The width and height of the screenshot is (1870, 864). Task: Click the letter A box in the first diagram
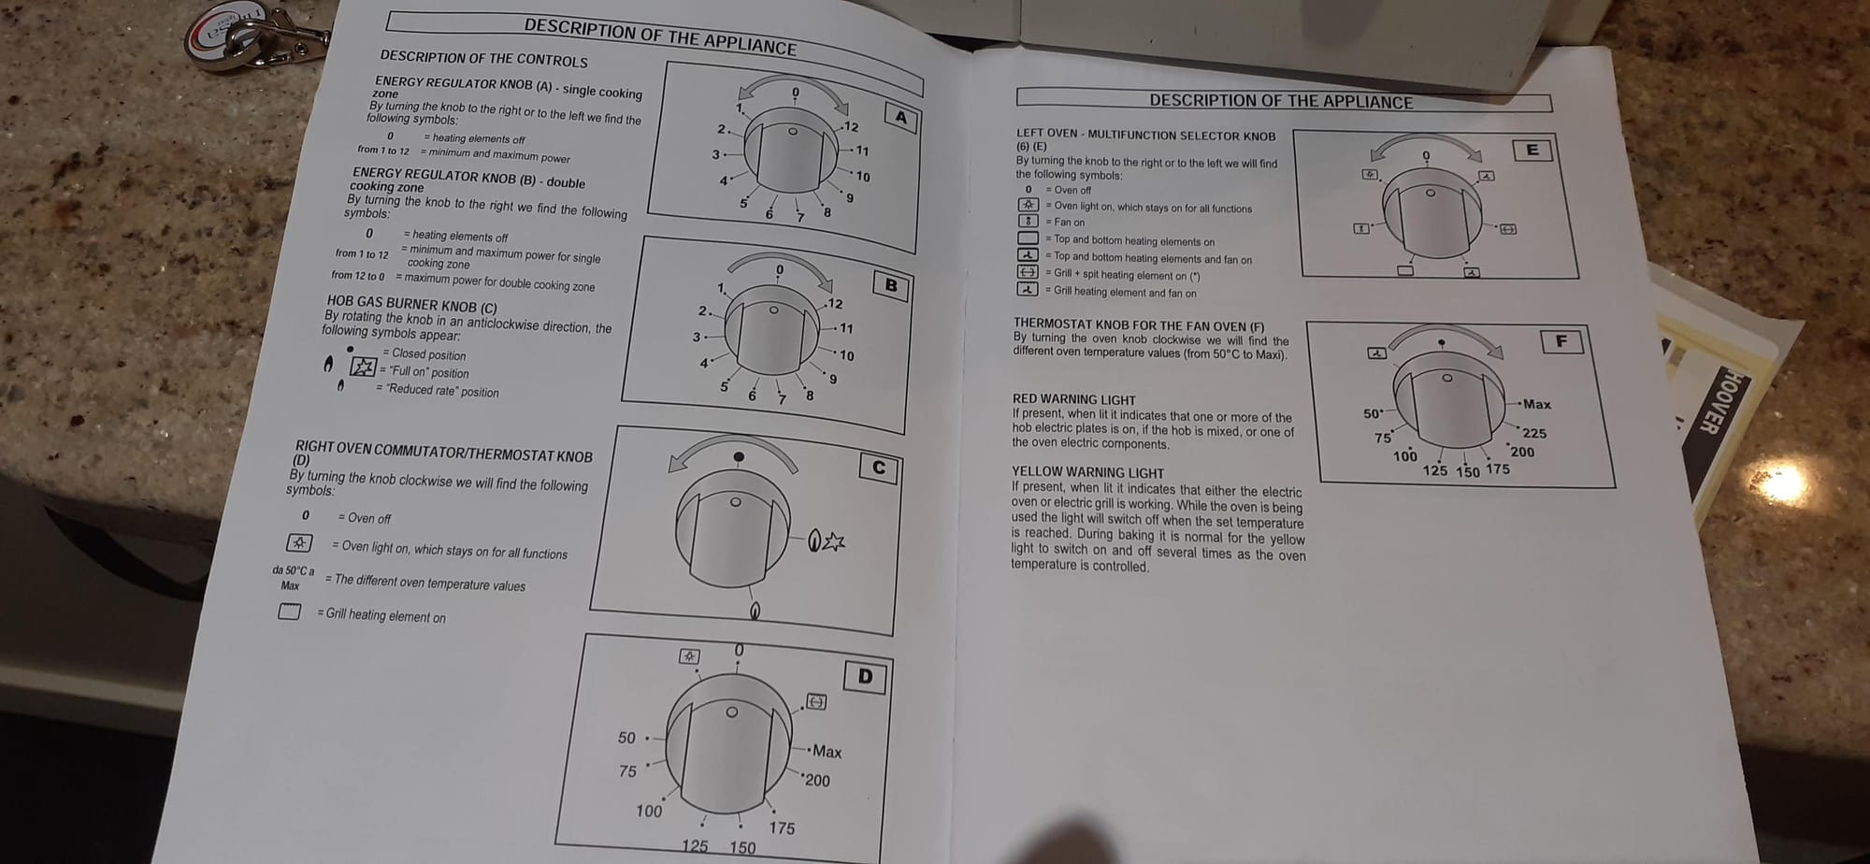tap(900, 117)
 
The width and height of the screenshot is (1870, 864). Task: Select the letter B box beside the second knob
tap(890, 285)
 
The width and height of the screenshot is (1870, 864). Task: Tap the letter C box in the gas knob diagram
tap(878, 468)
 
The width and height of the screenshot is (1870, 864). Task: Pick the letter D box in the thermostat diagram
tap(865, 676)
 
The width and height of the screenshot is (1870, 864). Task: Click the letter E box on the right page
tap(1532, 150)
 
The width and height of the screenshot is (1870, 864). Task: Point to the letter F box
tap(1561, 341)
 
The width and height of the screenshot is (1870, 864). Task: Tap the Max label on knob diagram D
tap(827, 751)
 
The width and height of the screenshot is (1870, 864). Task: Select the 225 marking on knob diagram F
tap(1534, 433)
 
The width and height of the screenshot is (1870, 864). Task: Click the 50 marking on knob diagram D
tap(626, 738)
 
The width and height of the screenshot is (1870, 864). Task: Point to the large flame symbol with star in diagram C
tap(827, 540)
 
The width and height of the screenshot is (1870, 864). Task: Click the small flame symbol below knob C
tap(755, 612)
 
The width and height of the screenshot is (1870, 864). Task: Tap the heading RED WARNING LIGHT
tap(1073, 399)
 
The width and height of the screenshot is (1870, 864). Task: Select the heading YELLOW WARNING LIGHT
tap(1087, 472)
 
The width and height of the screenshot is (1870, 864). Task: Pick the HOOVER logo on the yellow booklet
tap(1707, 402)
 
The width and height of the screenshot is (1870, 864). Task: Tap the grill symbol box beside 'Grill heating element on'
tap(289, 612)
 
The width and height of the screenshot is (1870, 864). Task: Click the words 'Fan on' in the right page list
tap(1070, 223)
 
